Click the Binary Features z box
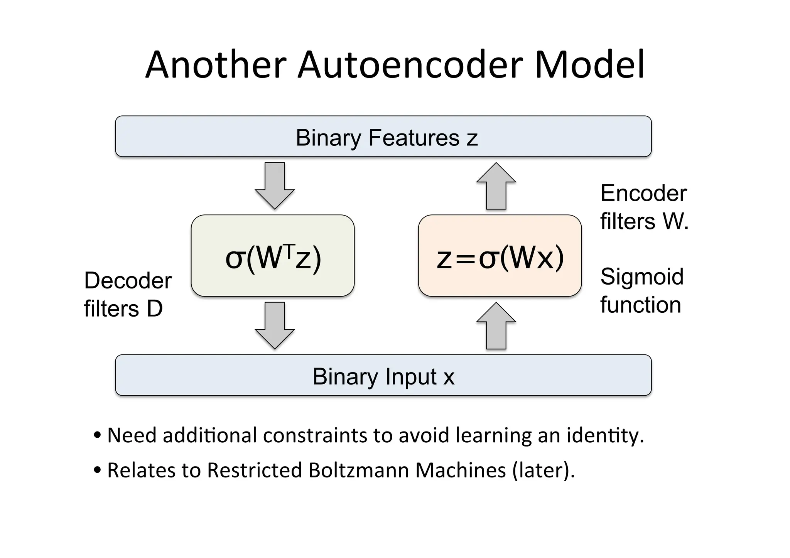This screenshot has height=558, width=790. pos(383,137)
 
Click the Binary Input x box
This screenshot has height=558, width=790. pos(383,375)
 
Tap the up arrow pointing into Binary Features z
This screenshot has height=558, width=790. pos(496,187)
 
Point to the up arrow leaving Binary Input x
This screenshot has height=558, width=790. pos(496,327)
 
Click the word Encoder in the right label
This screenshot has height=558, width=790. pos(643,193)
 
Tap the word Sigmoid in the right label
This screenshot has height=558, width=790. pos(642,277)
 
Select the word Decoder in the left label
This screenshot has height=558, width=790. pos(128,280)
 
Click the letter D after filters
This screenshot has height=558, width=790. pos(155,309)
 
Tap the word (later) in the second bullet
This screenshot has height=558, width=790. pos(544,470)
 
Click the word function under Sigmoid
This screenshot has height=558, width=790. pos(640,305)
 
